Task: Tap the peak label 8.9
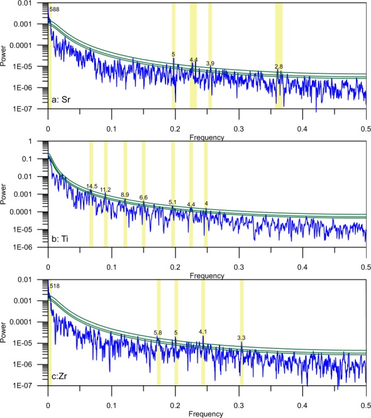(x=125, y=195)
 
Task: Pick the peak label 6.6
(x=143, y=197)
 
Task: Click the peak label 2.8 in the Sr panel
(x=279, y=67)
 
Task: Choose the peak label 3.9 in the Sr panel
(x=210, y=63)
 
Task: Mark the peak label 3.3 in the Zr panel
(x=241, y=338)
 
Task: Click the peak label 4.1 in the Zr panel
(x=202, y=331)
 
